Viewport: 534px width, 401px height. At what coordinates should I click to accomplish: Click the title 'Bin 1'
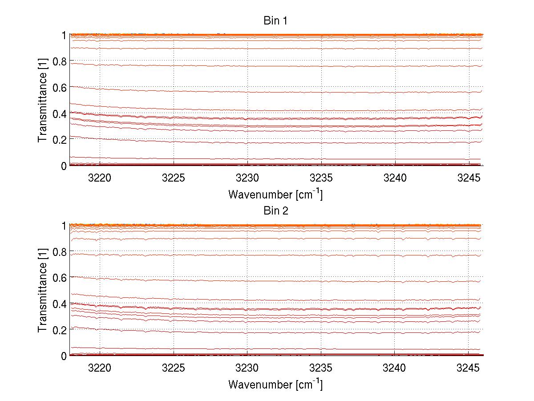point(276,21)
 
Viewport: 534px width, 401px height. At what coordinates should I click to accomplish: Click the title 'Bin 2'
point(276,211)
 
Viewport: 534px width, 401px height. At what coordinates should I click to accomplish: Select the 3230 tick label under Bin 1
point(247,178)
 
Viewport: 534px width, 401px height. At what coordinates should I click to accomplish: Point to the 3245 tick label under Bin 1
point(469,178)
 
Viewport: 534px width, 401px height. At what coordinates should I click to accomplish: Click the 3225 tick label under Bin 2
point(174,368)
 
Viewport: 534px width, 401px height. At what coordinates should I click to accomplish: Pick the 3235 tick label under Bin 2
point(321,368)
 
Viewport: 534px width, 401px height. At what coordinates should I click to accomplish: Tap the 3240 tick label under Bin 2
point(395,368)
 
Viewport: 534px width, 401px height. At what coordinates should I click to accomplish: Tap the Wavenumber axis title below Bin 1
point(275,194)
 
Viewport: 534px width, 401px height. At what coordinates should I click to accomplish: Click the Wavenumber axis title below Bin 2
point(275,384)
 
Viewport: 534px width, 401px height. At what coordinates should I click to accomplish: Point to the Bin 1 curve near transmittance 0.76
point(276,66)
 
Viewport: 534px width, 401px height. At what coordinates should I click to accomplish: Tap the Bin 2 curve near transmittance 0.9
point(276,239)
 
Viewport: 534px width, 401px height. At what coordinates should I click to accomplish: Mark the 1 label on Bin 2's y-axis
point(64,226)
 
